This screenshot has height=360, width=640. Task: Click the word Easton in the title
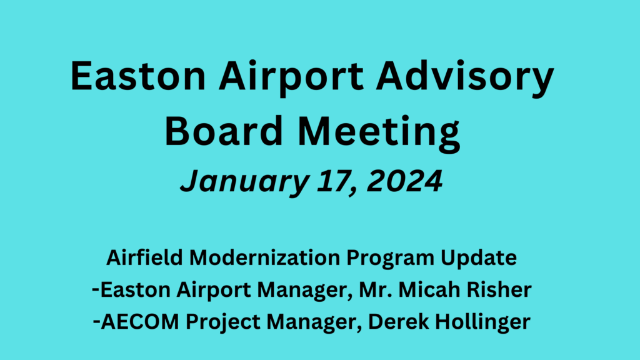point(138,76)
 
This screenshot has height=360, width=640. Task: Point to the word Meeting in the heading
point(379,134)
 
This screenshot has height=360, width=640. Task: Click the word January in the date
point(244,182)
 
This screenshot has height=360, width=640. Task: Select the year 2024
point(404,181)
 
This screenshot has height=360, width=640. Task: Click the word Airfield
point(144,258)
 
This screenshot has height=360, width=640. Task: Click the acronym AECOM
point(140,322)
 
